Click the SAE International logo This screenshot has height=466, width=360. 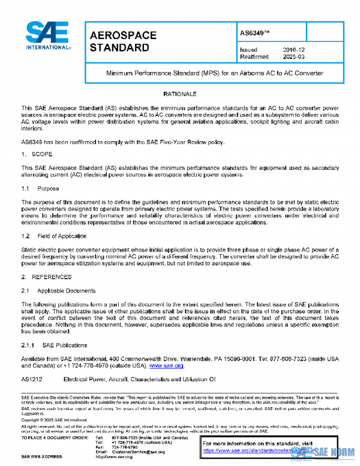47,37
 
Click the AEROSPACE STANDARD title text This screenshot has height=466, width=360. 123,41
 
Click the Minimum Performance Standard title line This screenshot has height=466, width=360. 215,73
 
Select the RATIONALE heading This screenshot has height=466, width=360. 179,94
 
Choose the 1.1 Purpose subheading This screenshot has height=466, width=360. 41,189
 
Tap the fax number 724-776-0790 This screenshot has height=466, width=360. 124,446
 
